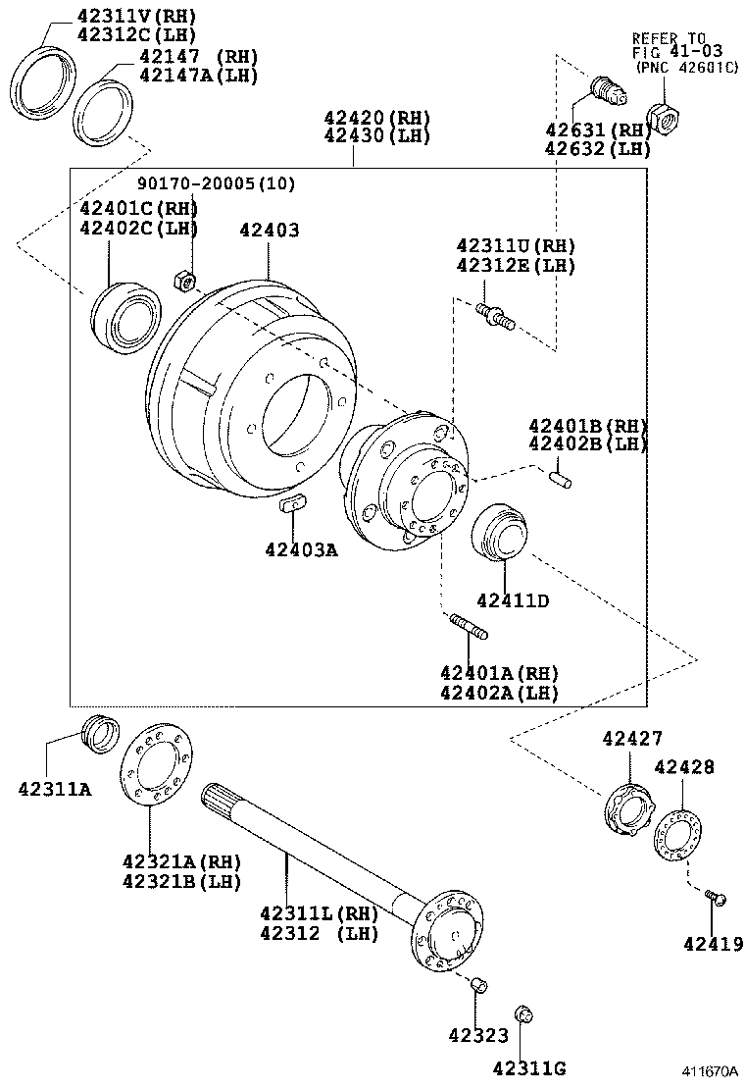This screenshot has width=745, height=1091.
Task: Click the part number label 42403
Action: click(x=269, y=231)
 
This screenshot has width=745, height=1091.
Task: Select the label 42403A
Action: click(x=300, y=550)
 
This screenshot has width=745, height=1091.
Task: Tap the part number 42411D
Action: click(x=513, y=599)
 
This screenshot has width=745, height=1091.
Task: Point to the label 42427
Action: click(x=632, y=738)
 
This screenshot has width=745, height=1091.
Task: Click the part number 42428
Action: click(x=684, y=767)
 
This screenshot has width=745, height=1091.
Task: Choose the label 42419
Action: click(x=714, y=945)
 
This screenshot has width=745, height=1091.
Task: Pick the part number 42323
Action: click(x=478, y=1034)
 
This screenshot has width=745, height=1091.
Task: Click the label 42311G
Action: click(x=528, y=1068)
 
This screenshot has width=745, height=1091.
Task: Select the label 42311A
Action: click(x=54, y=788)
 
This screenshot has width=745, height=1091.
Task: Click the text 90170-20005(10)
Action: click(x=216, y=183)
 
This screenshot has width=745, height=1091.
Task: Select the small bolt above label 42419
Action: click(x=715, y=897)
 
